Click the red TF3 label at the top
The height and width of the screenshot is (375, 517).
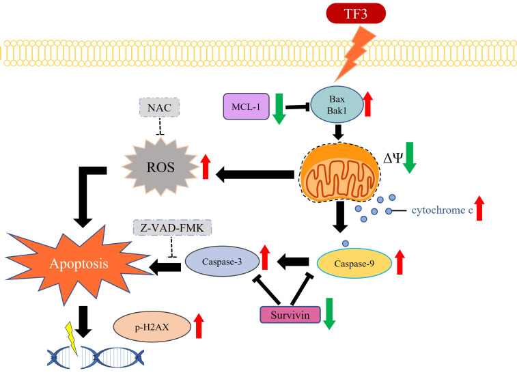point(356,14)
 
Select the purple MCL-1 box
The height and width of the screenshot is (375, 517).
point(247,106)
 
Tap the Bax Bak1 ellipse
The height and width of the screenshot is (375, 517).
point(337,105)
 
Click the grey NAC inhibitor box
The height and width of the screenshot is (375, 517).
point(160,107)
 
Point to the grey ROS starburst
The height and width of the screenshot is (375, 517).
point(160,167)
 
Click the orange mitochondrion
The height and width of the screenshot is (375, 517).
point(340,172)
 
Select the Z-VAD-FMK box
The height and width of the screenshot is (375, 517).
point(172,227)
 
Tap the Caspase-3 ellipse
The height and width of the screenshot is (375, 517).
point(222,262)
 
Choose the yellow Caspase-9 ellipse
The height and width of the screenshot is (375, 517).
point(354,263)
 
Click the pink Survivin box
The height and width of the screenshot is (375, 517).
point(290,315)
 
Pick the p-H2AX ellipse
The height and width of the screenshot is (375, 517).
point(152,327)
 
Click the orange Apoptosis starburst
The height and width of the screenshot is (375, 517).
point(79,264)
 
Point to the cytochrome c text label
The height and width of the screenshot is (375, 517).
point(442,210)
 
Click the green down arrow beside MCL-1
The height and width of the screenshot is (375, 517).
point(279,109)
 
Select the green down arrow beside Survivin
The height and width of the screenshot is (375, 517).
point(329,314)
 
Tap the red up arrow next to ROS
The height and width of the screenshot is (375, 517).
point(206,167)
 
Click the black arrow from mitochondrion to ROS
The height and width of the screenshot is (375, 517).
point(255,174)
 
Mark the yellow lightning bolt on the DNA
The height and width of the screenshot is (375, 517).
point(72,338)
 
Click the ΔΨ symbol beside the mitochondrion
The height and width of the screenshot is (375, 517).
point(393,158)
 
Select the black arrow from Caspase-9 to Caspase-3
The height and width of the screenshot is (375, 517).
point(293,262)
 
